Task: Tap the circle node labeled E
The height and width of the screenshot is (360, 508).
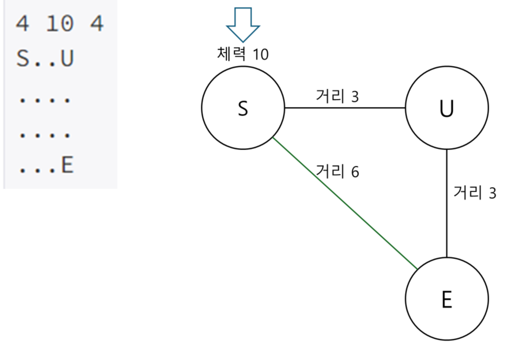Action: click(446, 299)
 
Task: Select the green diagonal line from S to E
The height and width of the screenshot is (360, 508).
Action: click(345, 203)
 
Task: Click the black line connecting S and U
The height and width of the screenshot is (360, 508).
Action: click(345, 108)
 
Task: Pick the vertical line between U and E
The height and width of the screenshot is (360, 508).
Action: click(446, 203)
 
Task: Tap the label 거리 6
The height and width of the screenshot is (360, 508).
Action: click(337, 171)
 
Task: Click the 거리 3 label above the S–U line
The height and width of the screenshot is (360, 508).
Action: click(337, 96)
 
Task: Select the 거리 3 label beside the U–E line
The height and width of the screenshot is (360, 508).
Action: click(475, 193)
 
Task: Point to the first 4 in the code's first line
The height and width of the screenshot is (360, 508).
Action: click(22, 24)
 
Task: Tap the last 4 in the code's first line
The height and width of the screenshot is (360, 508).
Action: click(97, 24)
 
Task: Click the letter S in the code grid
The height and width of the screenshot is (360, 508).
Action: click(22, 59)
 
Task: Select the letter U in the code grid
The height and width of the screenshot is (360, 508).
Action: click(67, 59)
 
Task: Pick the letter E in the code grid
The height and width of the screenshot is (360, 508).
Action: click(67, 165)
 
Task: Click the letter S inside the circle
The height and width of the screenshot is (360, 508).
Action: click(243, 109)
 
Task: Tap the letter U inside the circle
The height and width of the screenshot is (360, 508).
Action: click(446, 109)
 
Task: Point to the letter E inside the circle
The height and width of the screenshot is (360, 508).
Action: click(446, 300)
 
